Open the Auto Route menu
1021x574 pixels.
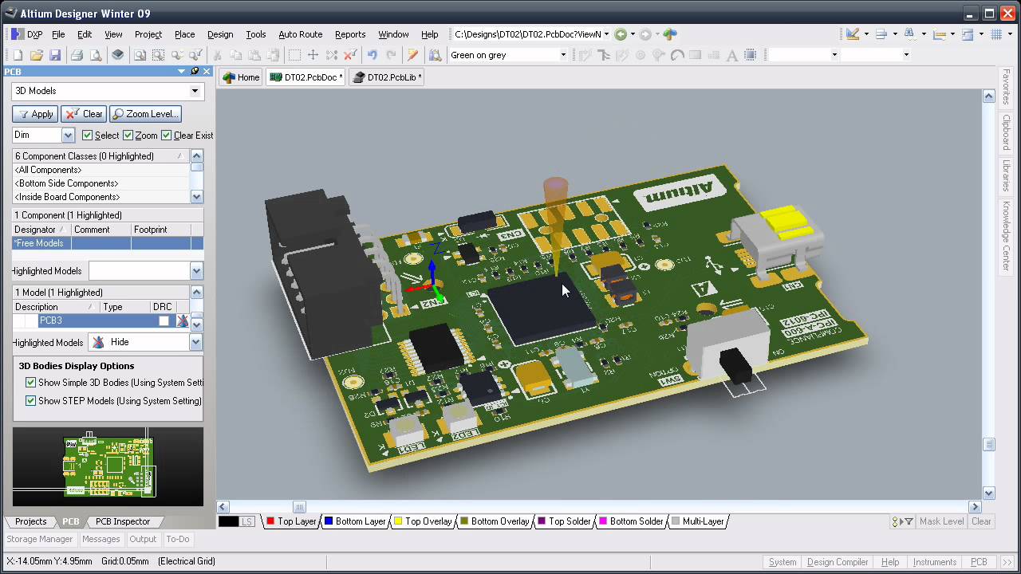300,34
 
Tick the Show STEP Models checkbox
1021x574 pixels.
31,401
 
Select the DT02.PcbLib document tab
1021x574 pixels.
387,77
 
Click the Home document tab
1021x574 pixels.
241,77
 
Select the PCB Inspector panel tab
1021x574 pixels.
122,521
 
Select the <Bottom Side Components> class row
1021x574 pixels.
66,183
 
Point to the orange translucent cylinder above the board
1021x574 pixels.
555,195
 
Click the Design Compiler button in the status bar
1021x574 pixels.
837,562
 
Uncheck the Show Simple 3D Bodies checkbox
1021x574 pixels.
31,383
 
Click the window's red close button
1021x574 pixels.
1007,13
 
